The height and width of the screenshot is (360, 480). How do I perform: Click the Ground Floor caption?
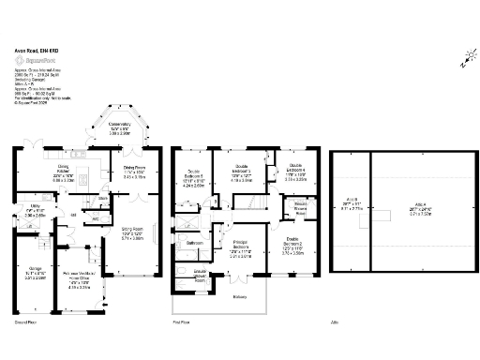[x=26, y=321]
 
